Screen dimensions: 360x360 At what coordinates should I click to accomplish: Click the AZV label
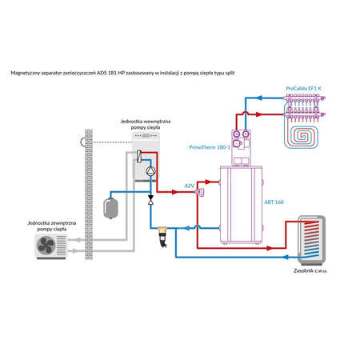tap(190, 185)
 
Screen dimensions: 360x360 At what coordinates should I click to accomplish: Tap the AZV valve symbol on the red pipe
tap(202, 192)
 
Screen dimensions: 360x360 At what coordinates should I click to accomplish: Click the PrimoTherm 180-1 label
tap(209, 146)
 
